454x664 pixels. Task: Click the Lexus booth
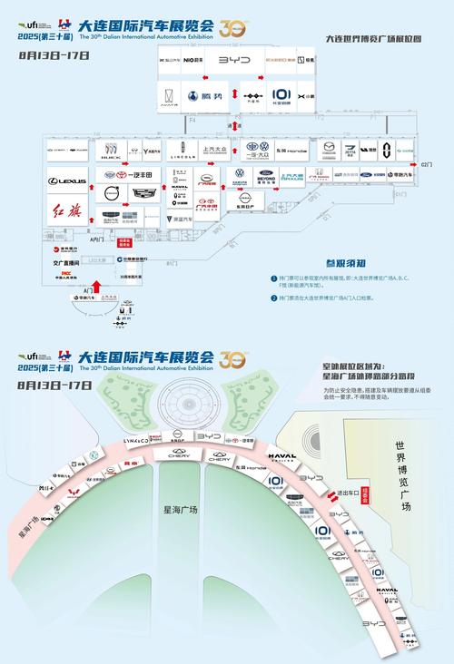[x=67, y=181]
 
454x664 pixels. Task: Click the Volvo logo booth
[x=111, y=192]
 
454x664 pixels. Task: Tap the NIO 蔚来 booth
[x=193, y=58]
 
